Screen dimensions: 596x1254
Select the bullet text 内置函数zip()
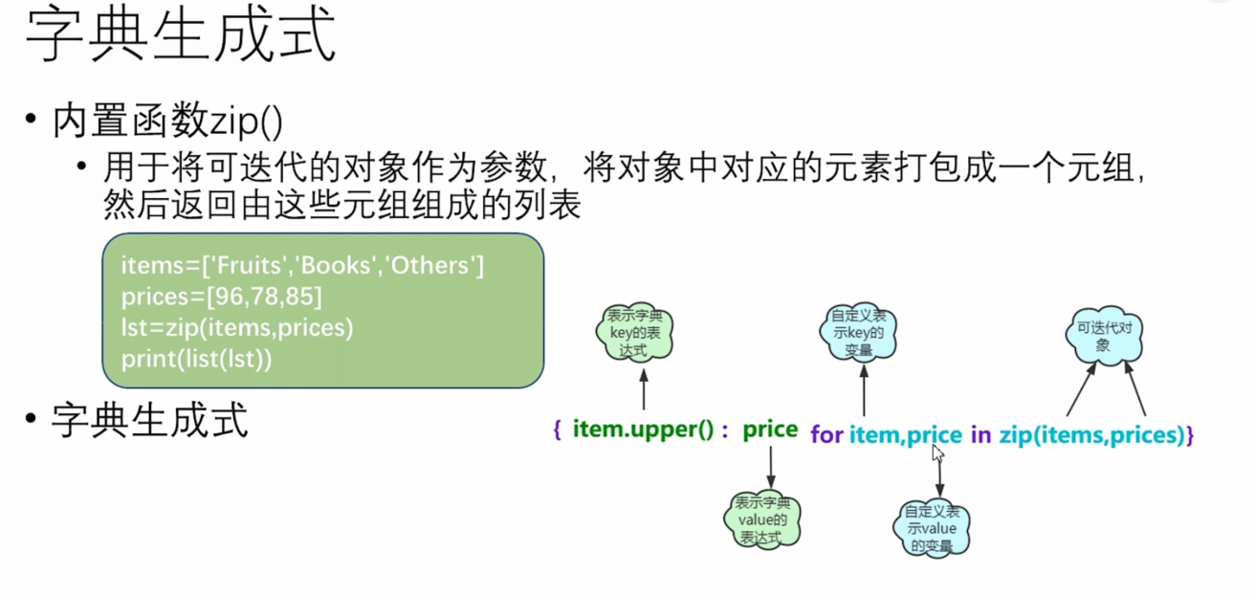point(168,121)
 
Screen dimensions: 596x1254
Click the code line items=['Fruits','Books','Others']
point(302,265)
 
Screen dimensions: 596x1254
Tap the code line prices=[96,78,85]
point(222,297)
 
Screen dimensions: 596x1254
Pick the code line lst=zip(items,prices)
point(237,328)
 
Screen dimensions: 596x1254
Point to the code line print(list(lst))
point(197,360)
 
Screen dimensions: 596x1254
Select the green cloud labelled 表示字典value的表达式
point(761,520)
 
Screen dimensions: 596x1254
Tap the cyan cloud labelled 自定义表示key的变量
point(858,332)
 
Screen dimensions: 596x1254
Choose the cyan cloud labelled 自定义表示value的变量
point(931,527)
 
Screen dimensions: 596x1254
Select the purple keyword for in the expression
point(826,435)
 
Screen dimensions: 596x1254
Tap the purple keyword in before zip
point(980,435)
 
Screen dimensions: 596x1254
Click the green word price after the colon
point(770,430)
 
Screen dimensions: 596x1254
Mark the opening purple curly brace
point(557,431)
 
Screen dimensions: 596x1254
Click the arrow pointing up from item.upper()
point(644,390)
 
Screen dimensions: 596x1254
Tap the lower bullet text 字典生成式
point(150,420)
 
